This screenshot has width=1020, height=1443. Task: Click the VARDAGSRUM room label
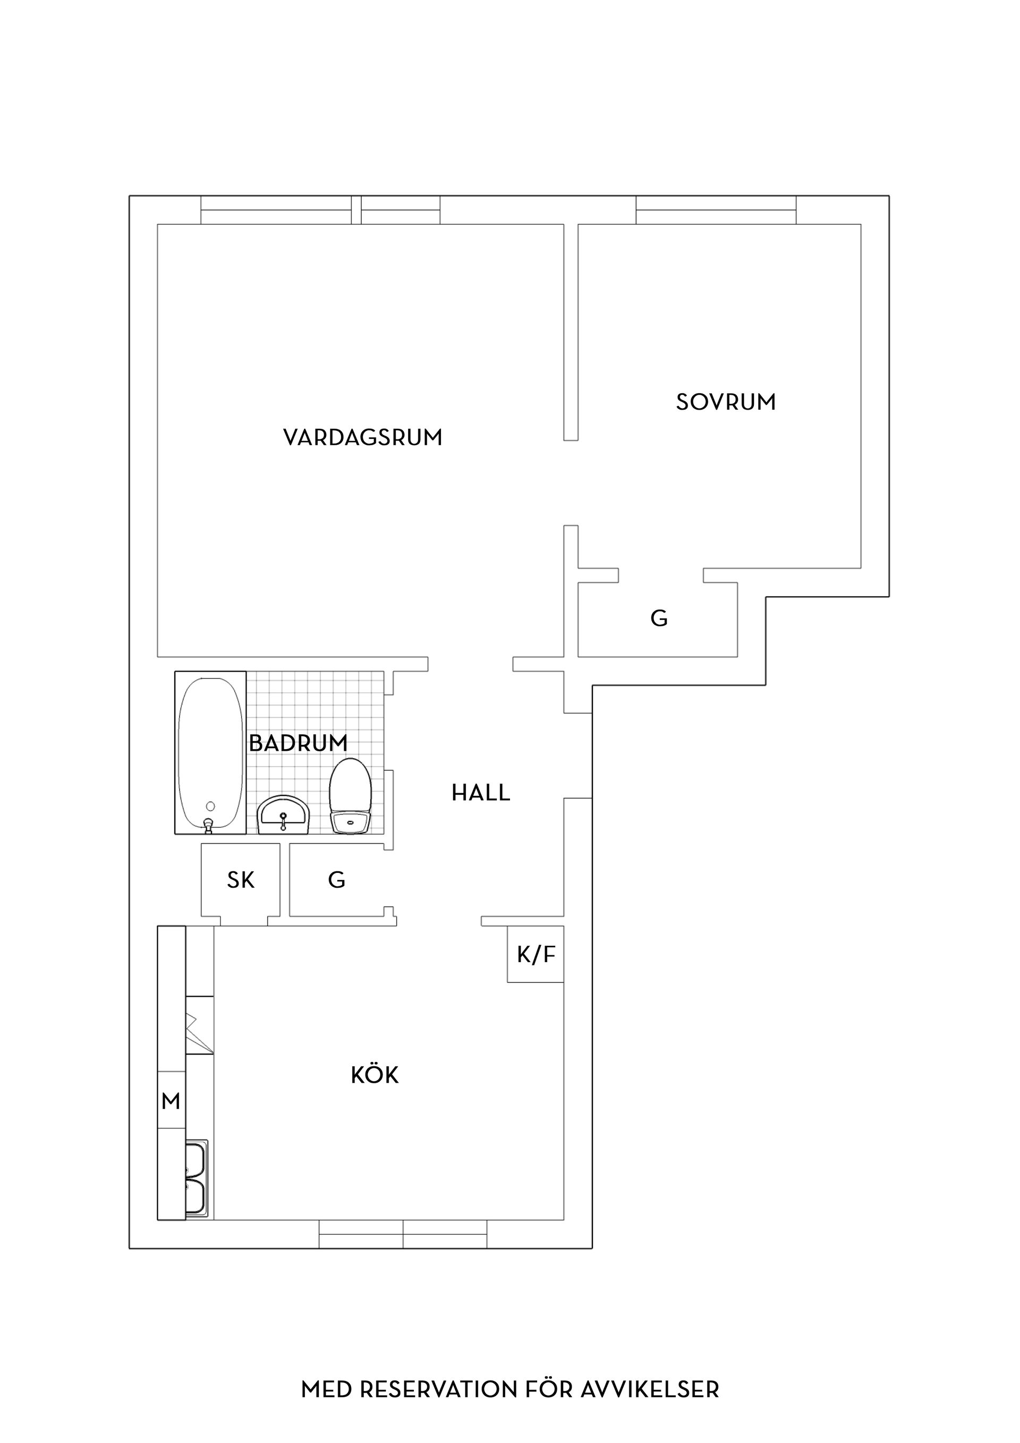click(363, 437)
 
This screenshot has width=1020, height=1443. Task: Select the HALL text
click(481, 793)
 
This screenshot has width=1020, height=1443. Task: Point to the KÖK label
click(375, 1075)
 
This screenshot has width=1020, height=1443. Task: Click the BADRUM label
click(298, 743)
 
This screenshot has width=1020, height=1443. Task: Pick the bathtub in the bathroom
click(210, 753)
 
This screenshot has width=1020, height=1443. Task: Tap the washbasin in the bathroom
click(283, 815)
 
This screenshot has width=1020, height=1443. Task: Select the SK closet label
click(241, 880)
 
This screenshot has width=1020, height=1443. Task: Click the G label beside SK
click(337, 880)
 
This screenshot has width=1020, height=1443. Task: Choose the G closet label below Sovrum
click(659, 618)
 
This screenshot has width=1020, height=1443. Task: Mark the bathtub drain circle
click(210, 806)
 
